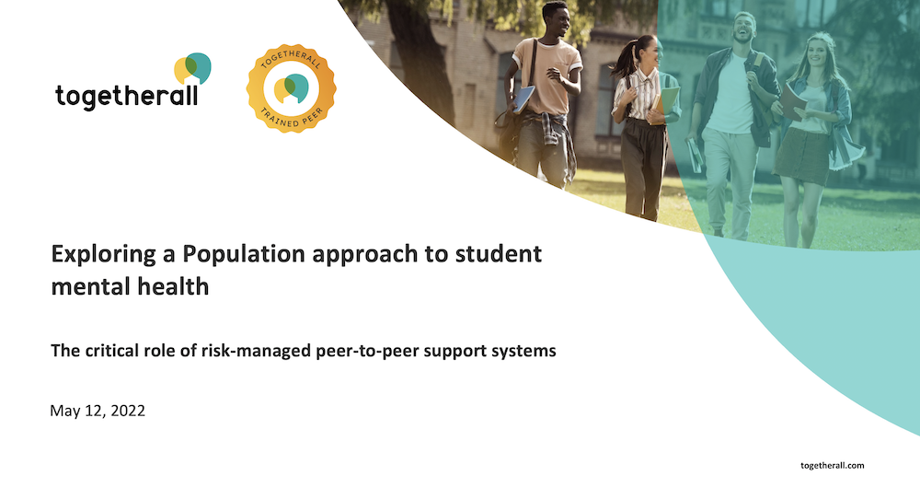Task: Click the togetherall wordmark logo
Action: click(133, 82)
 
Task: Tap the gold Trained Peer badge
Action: click(291, 88)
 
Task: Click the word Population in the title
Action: click(244, 253)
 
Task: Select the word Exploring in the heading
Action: click(103, 254)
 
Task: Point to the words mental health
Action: click(130, 286)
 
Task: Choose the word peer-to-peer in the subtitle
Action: click(367, 351)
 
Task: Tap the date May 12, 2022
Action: click(98, 411)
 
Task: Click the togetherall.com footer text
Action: click(832, 466)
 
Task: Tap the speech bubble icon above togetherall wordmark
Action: click(192, 68)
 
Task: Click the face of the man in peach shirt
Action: click(558, 20)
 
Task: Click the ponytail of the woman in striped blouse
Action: click(622, 61)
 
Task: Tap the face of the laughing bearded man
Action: click(742, 27)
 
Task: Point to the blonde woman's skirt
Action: click(802, 156)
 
